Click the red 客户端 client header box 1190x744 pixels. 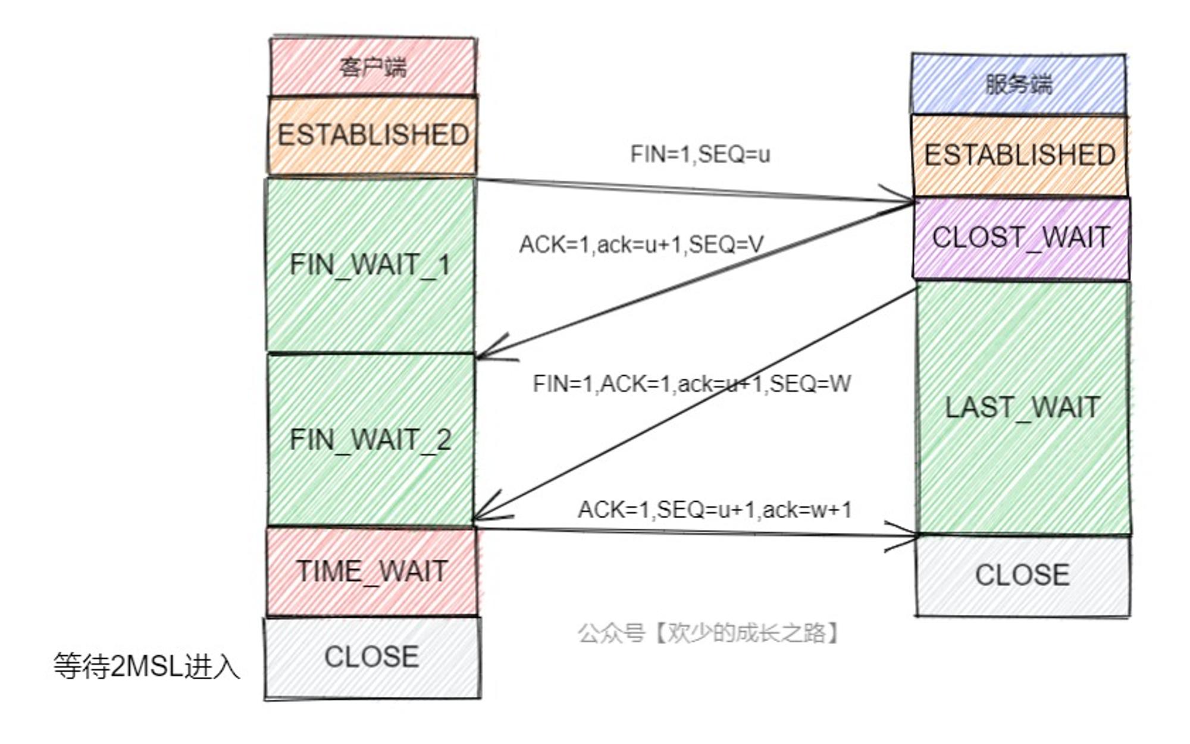(x=373, y=66)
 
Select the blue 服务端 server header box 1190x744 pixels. (x=1019, y=84)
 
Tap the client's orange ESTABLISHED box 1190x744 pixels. (x=372, y=136)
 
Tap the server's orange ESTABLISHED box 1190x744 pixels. (x=1019, y=155)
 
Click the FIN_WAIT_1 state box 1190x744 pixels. (x=370, y=265)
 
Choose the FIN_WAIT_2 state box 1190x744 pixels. (x=370, y=440)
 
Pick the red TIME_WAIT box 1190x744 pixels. (x=372, y=572)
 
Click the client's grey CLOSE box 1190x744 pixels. (x=372, y=657)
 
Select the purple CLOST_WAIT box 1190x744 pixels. (x=1021, y=238)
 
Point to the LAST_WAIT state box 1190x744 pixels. (x=1023, y=408)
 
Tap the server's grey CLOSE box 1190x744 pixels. (x=1023, y=576)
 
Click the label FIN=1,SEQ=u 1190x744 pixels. (x=700, y=155)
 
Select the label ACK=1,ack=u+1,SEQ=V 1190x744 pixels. (x=641, y=244)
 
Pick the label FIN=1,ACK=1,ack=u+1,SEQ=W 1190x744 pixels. (x=692, y=384)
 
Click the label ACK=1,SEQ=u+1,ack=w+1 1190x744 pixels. (x=715, y=510)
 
